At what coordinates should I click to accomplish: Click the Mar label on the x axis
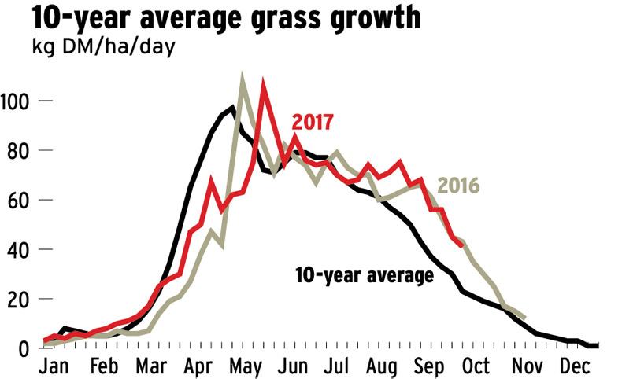pos(150,366)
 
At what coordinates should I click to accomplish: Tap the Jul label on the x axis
pos(342,366)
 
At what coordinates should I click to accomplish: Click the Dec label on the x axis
pos(572,366)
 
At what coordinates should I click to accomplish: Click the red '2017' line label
pos(313,123)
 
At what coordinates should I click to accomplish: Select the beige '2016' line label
pos(458,186)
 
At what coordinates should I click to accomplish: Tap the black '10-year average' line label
pos(364,276)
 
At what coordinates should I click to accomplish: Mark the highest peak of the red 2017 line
pos(264,83)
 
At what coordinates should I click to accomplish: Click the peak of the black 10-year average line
pos(232,108)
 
